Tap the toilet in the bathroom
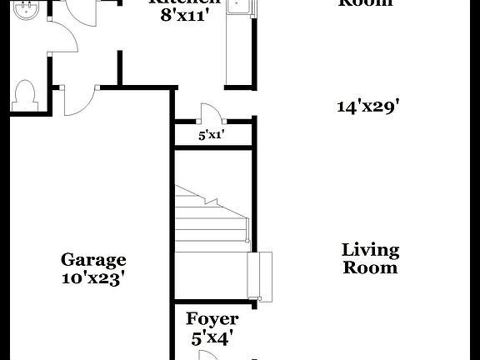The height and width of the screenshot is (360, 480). tap(26, 94)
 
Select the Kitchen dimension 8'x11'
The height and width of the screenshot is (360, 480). tap(191, 16)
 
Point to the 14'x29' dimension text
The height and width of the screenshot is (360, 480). tap(368, 107)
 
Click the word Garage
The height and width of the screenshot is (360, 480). tap(93, 260)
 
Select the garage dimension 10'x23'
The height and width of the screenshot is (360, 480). tap(93, 278)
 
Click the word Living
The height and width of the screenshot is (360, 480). tap(370, 250)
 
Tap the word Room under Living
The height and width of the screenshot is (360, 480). tap(370, 268)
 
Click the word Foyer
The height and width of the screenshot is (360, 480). tap(212, 319)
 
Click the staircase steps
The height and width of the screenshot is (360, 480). tap(208, 217)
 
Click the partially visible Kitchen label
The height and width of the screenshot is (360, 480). tap(185, 2)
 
